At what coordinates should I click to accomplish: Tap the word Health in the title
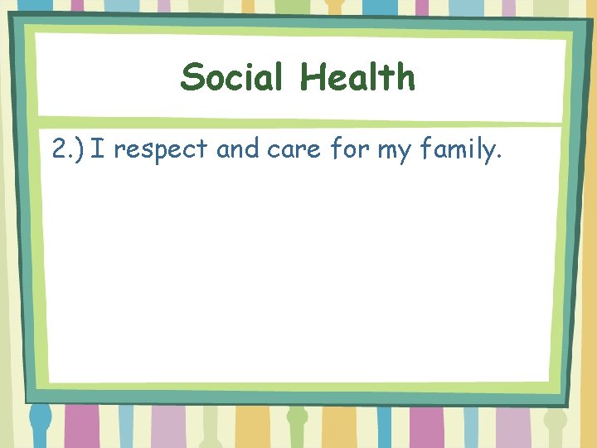pyautogui.click(x=357, y=78)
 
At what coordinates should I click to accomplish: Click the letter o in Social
pyautogui.click(x=216, y=80)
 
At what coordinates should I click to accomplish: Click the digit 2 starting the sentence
pyautogui.click(x=58, y=150)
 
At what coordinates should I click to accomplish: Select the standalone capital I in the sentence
pyautogui.click(x=99, y=150)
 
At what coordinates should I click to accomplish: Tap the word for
pyautogui.click(x=347, y=150)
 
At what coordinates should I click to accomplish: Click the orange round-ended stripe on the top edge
pyautogui.click(x=335, y=7)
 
